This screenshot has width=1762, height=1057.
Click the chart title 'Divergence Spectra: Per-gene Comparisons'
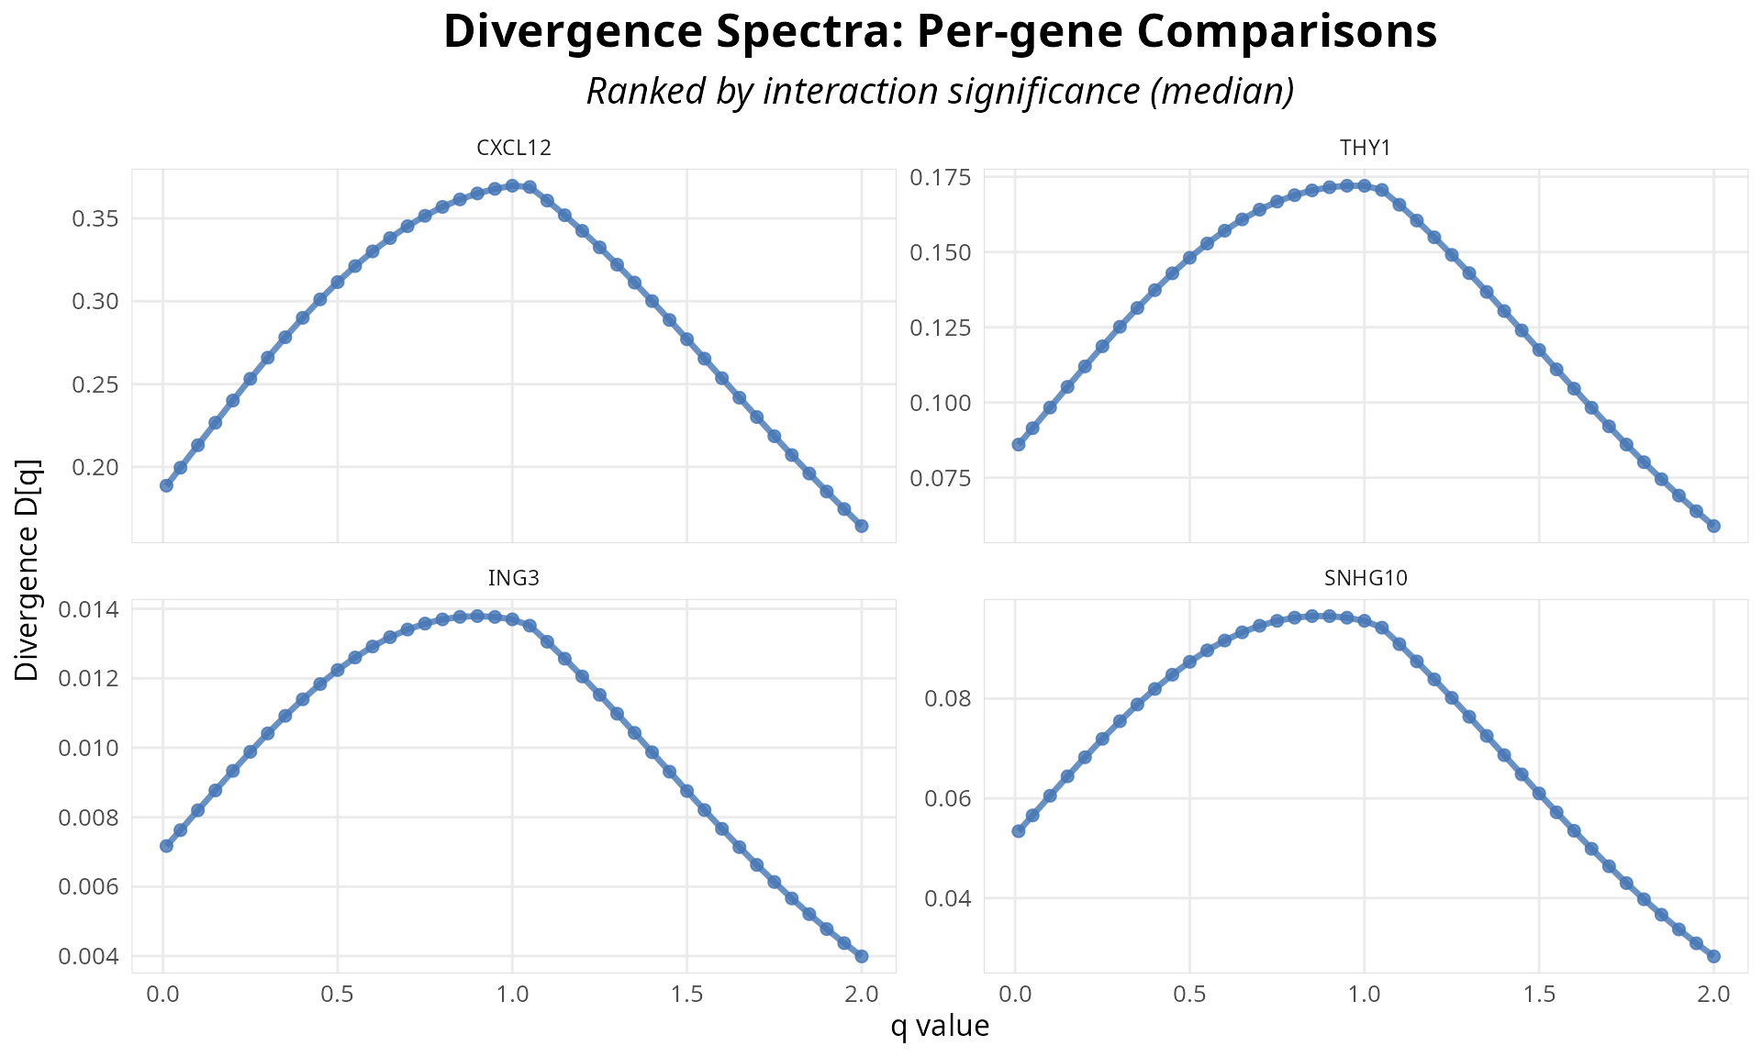pos(940,33)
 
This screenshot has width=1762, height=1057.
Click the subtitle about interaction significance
pos(940,92)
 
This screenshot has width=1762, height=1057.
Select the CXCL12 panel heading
pos(514,148)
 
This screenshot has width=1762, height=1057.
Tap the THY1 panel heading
pos(1366,148)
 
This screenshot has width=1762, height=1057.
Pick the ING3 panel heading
pos(514,578)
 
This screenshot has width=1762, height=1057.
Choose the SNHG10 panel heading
pos(1366,578)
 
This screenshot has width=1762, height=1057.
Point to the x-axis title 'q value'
pos(940,1026)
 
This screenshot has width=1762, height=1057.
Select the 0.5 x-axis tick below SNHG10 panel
pos(1189,995)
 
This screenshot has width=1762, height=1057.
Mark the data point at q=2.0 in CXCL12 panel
pos(862,526)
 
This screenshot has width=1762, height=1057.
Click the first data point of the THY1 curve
pos(1019,444)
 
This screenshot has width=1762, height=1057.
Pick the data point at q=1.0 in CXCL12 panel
pos(512,185)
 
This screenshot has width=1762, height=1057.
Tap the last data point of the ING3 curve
pos(862,956)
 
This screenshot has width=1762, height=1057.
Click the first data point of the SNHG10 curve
pos(1019,830)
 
